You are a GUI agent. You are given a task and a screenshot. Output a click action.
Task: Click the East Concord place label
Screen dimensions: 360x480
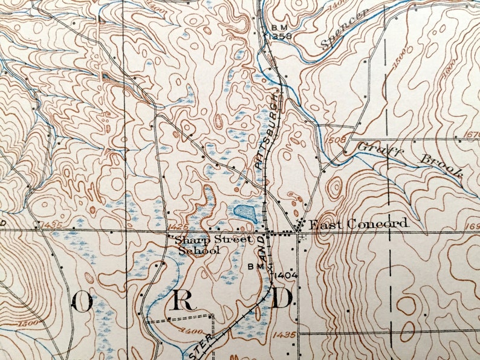click(x=358, y=224)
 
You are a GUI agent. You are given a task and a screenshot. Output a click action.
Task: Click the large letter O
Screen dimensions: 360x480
click(x=82, y=300)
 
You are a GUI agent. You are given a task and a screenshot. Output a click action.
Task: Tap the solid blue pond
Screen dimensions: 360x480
click(x=244, y=212)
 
